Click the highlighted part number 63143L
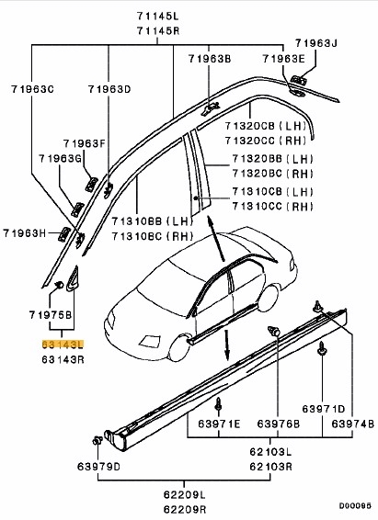[x=61, y=343]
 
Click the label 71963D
[x=109, y=89]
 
